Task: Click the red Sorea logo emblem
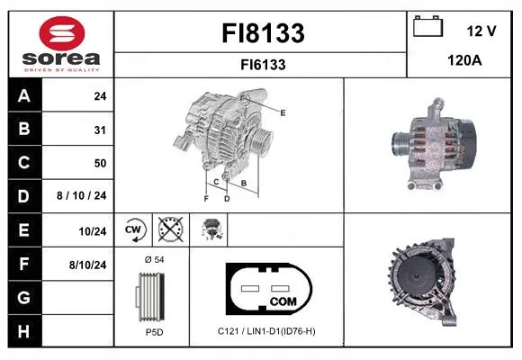(x=62, y=33)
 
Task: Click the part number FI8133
(x=263, y=33)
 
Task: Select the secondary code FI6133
(x=263, y=65)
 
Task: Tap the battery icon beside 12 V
(x=427, y=26)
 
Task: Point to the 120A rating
(x=464, y=60)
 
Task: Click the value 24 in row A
(x=100, y=96)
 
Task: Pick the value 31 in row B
(x=100, y=130)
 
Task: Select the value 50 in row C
(x=100, y=163)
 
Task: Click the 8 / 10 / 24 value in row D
(x=82, y=195)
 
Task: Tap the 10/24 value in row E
(x=93, y=231)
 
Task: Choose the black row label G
(x=24, y=297)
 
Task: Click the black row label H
(x=24, y=331)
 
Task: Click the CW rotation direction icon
(x=133, y=229)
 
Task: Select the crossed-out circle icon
(x=171, y=229)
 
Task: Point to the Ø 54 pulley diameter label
(x=155, y=260)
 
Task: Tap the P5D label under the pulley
(x=155, y=332)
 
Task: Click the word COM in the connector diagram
(x=283, y=301)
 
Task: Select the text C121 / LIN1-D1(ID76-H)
(x=266, y=331)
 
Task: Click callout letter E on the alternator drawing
(x=283, y=112)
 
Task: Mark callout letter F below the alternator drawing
(x=206, y=199)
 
